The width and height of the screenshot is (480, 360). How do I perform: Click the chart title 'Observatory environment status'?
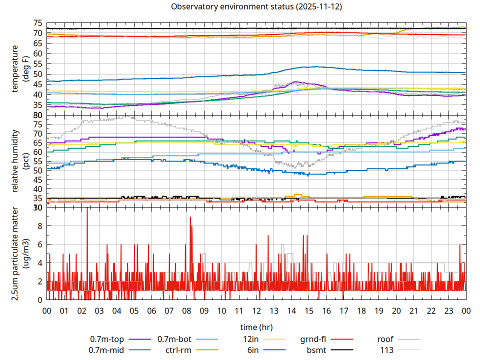coord(256,7)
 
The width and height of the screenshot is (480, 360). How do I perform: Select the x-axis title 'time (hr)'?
coord(256,327)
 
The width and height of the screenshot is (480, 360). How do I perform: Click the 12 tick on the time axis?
coord(256,311)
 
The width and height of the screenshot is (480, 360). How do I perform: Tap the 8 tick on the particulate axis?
coord(40,226)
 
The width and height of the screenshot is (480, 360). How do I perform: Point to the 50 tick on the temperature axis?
coord(37,74)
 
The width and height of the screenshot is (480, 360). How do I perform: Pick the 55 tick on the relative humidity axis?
coord(37,161)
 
